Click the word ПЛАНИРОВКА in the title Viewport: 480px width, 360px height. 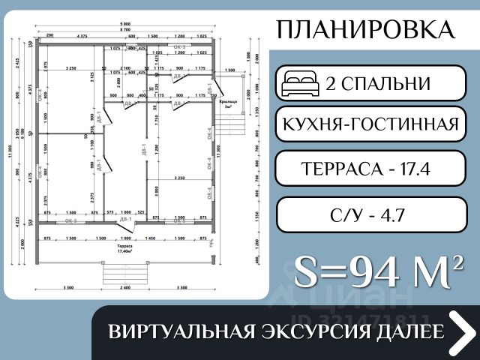[x=365, y=30]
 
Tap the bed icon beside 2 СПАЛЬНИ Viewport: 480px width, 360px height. [x=300, y=84]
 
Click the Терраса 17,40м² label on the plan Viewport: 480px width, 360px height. [x=125, y=248]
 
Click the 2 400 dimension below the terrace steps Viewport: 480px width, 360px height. [x=125, y=287]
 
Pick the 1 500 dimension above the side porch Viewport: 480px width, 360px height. [x=229, y=70]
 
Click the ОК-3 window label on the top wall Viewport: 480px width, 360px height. [x=180, y=46]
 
